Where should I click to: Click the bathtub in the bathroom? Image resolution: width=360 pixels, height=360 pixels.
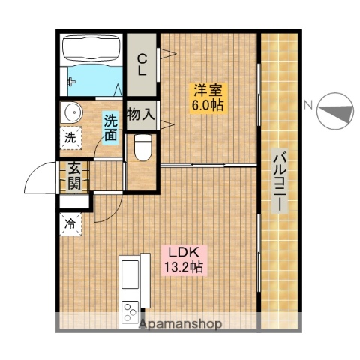point(91,49)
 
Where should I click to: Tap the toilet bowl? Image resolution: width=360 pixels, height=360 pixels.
point(142,148)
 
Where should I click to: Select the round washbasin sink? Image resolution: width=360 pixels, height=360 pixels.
point(73,112)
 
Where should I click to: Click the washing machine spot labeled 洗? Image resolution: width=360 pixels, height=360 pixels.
point(70,138)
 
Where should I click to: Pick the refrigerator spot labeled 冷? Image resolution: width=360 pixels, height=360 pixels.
point(70,224)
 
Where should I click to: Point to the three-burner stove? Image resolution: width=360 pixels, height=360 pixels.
point(130,311)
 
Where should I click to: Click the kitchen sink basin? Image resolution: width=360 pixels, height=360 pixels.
point(130,274)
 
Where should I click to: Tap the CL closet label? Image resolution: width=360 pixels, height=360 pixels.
point(142,65)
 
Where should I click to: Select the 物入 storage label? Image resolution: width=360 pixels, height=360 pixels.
point(141,115)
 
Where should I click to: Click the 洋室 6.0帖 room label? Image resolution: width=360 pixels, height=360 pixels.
point(208,97)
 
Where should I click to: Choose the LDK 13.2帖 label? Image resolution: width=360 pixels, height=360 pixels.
point(184,260)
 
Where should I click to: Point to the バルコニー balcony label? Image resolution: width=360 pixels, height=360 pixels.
point(280,181)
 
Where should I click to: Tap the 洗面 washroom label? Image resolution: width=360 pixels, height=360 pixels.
point(111,127)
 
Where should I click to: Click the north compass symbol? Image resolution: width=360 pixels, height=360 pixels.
point(335,111)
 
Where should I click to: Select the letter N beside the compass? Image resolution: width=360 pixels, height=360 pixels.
point(308,105)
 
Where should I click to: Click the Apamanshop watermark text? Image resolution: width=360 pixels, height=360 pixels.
point(180,324)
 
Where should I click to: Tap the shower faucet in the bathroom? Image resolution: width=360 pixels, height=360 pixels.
point(71,82)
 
